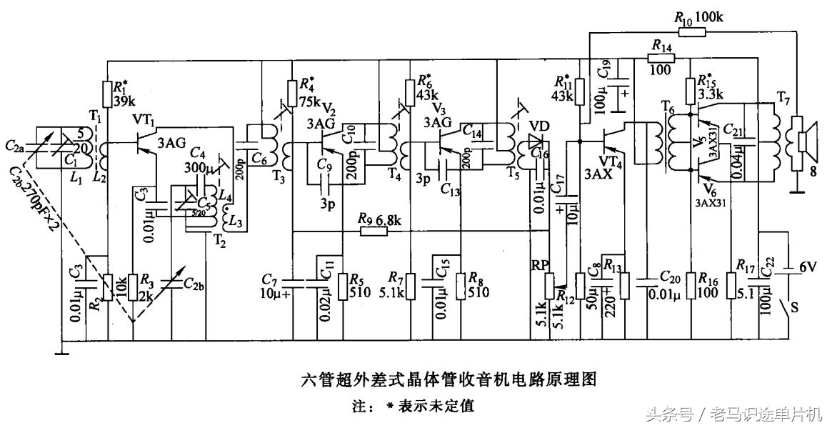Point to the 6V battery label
tap(807, 267)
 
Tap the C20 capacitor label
tap(671, 277)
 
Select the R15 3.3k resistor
tap(690, 90)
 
